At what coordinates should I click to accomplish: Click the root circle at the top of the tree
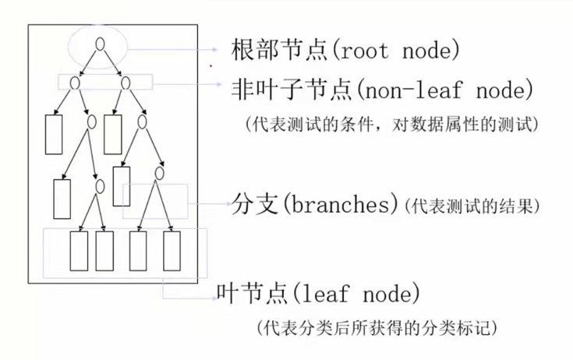(99, 44)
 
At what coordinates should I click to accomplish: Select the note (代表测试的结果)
(470, 206)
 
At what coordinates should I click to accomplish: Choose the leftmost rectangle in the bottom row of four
(79, 250)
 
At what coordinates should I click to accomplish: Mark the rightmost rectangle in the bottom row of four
(172, 250)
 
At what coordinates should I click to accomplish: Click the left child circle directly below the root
(75, 82)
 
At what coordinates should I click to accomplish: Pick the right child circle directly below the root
(124, 81)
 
